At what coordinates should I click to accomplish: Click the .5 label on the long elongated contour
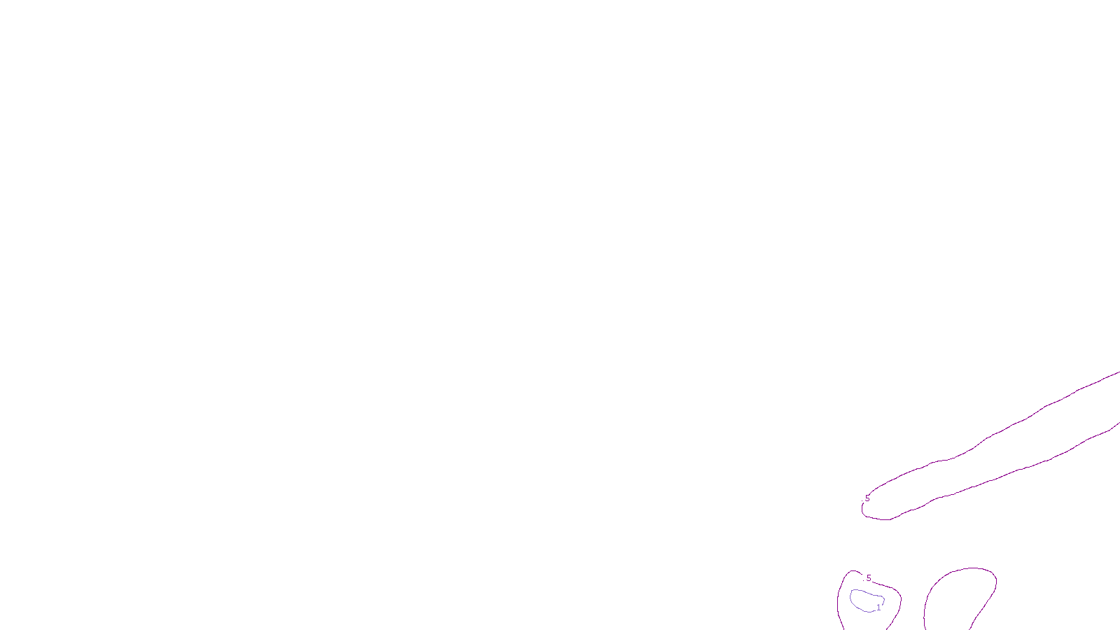tap(867, 498)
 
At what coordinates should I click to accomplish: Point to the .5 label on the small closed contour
tap(868, 578)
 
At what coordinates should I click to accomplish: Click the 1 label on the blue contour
tap(878, 608)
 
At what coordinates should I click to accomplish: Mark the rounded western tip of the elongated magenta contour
tap(862, 510)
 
